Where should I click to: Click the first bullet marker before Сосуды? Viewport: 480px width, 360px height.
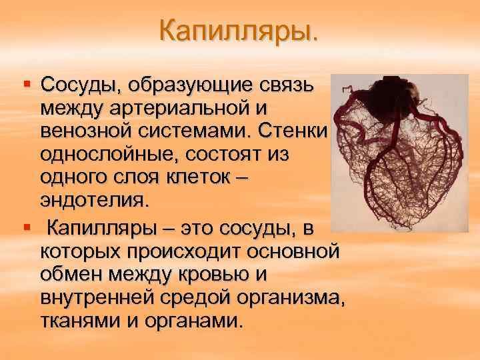click(x=27, y=85)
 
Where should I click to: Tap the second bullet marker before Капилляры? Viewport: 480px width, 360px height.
click(x=27, y=229)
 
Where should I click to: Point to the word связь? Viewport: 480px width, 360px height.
click(x=291, y=86)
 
